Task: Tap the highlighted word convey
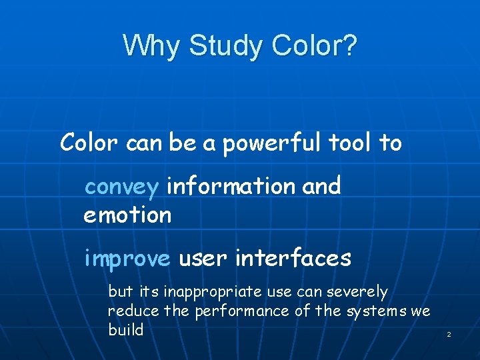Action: tap(121, 187)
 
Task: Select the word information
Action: tap(231, 185)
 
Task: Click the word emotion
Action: tap(127, 215)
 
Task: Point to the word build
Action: tap(125, 329)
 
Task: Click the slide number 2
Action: tap(449, 333)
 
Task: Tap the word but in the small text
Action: tap(120, 292)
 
